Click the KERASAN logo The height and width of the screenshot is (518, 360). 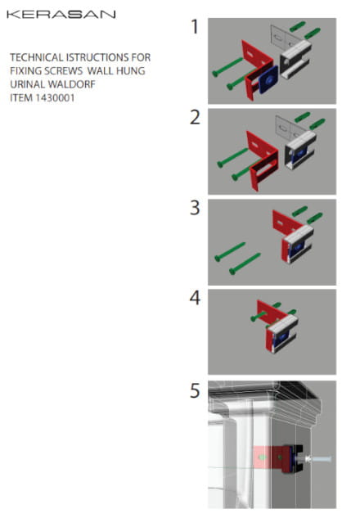(x=61, y=14)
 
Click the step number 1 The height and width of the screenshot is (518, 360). (x=195, y=26)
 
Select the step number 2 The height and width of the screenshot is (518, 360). (x=195, y=117)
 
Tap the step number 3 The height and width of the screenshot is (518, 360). (x=195, y=208)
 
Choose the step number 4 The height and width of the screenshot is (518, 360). (x=195, y=298)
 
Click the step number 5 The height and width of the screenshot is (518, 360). (x=195, y=390)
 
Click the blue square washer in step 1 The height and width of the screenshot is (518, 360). (x=269, y=79)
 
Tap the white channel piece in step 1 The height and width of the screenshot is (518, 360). (x=295, y=59)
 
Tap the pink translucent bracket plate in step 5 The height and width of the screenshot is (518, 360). (x=268, y=457)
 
